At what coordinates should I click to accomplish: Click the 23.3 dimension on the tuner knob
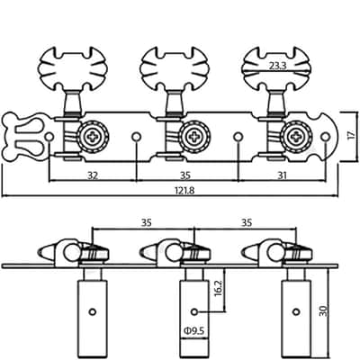pyautogui.click(x=278, y=66)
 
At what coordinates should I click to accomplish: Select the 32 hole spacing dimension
pyautogui.click(x=93, y=175)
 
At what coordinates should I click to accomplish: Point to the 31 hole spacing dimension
pyautogui.click(x=282, y=175)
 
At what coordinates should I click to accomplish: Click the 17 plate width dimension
pyautogui.click(x=351, y=135)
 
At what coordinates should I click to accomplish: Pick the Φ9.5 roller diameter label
pyautogui.click(x=193, y=331)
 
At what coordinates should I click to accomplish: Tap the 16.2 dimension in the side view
pyautogui.click(x=219, y=288)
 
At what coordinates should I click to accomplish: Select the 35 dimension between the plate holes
pyautogui.click(x=186, y=175)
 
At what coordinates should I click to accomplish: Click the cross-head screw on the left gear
pyautogui.click(x=93, y=137)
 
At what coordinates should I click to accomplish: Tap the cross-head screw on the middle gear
pyautogui.click(x=194, y=137)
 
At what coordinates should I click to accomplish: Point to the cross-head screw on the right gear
pyautogui.click(x=296, y=137)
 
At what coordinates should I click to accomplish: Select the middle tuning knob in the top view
pyautogui.click(x=174, y=68)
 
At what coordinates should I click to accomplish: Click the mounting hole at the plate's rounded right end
pyautogui.click(x=325, y=137)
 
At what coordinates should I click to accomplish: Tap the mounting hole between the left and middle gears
pyautogui.click(x=137, y=137)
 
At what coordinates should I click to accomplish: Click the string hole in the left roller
pyautogui.click(x=93, y=311)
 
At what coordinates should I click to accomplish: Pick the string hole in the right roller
pyautogui.click(x=296, y=311)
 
